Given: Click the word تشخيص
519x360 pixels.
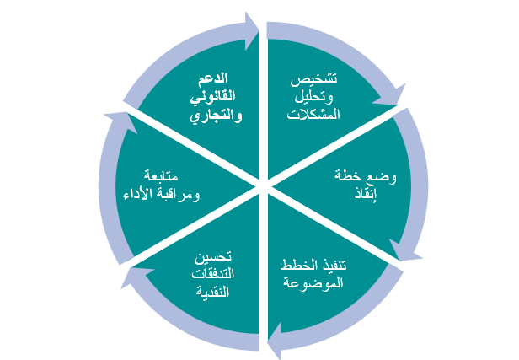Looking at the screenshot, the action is click(x=313, y=80).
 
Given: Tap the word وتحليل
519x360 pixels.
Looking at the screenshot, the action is click(x=313, y=97).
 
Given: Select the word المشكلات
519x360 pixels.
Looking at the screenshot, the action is click(x=313, y=115).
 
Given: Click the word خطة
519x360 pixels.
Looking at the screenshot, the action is click(x=348, y=175).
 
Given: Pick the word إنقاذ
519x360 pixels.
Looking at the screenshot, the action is click(x=366, y=193).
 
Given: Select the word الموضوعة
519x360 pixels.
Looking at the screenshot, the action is click(x=313, y=282).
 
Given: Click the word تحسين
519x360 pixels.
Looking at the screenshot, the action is click(x=213, y=256).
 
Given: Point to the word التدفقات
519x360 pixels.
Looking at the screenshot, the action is click(x=213, y=273).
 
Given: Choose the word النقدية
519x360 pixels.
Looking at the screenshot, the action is click(x=212, y=292).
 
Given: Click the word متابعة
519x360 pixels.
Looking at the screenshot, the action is click(x=161, y=175).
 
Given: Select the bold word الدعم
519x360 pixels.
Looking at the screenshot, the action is click(x=213, y=78).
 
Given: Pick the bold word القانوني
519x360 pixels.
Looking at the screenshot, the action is click(x=213, y=97).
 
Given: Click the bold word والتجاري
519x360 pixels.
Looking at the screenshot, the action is click(x=216, y=116).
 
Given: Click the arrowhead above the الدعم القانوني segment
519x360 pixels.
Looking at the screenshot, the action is click(x=252, y=31).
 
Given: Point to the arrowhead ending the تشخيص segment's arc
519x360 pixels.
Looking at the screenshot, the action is click(x=393, y=97).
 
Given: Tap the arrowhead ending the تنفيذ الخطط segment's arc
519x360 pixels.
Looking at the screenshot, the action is click(x=275, y=341).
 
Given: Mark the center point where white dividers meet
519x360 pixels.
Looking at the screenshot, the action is click(x=263, y=184).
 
